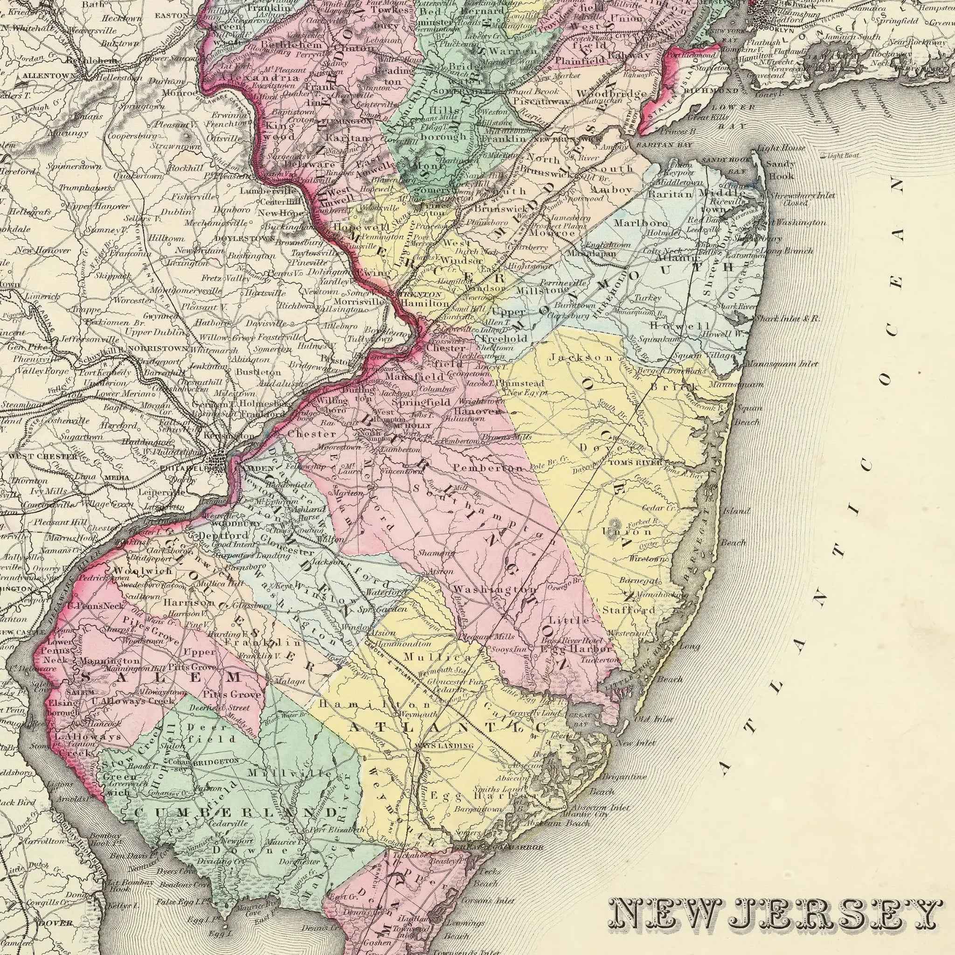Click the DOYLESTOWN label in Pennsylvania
click(245, 239)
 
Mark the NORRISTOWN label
click(158, 348)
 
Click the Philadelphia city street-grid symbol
click(218, 462)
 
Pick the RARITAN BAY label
click(664, 145)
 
